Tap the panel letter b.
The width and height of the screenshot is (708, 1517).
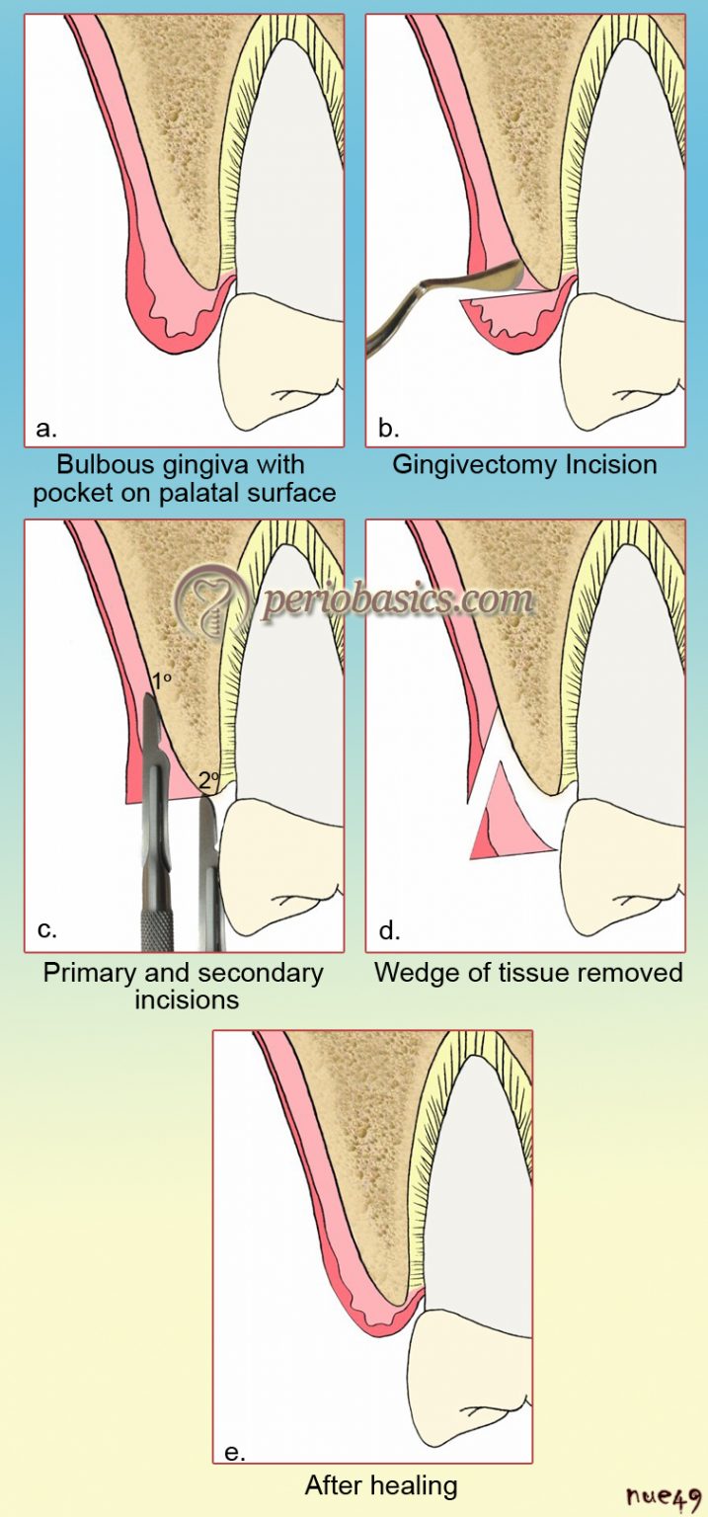pos(388,429)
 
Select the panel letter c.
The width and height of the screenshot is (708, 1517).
pos(44,929)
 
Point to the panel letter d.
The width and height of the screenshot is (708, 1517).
pos(389,929)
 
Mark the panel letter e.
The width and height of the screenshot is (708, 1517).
pos(234,1451)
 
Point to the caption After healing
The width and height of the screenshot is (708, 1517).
pos(380,1485)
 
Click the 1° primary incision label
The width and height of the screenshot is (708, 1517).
pos(160,681)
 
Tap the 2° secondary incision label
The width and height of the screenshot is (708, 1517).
pos(207,780)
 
